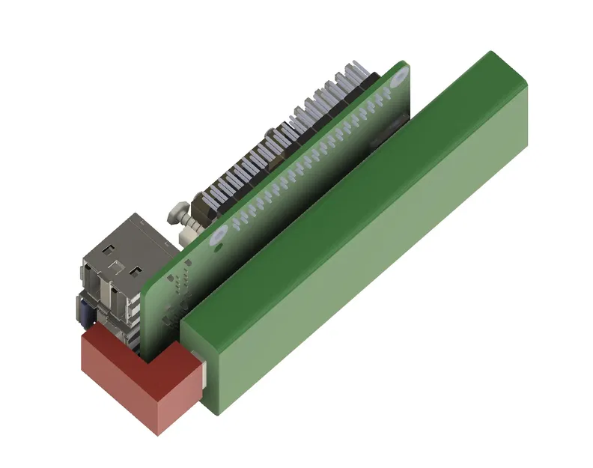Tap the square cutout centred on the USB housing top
pos(116,264)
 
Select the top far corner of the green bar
pos(490,53)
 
